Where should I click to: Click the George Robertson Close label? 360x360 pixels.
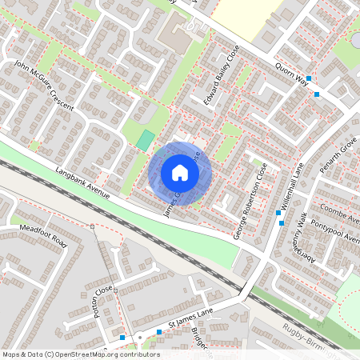(x=250, y=209)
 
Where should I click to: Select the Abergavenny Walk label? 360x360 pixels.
(x=298, y=240)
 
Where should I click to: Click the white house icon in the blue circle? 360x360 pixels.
(x=180, y=173)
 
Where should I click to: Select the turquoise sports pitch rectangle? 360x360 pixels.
(x=145, y=140)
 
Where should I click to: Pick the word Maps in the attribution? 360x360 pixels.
(x=11, y=354)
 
